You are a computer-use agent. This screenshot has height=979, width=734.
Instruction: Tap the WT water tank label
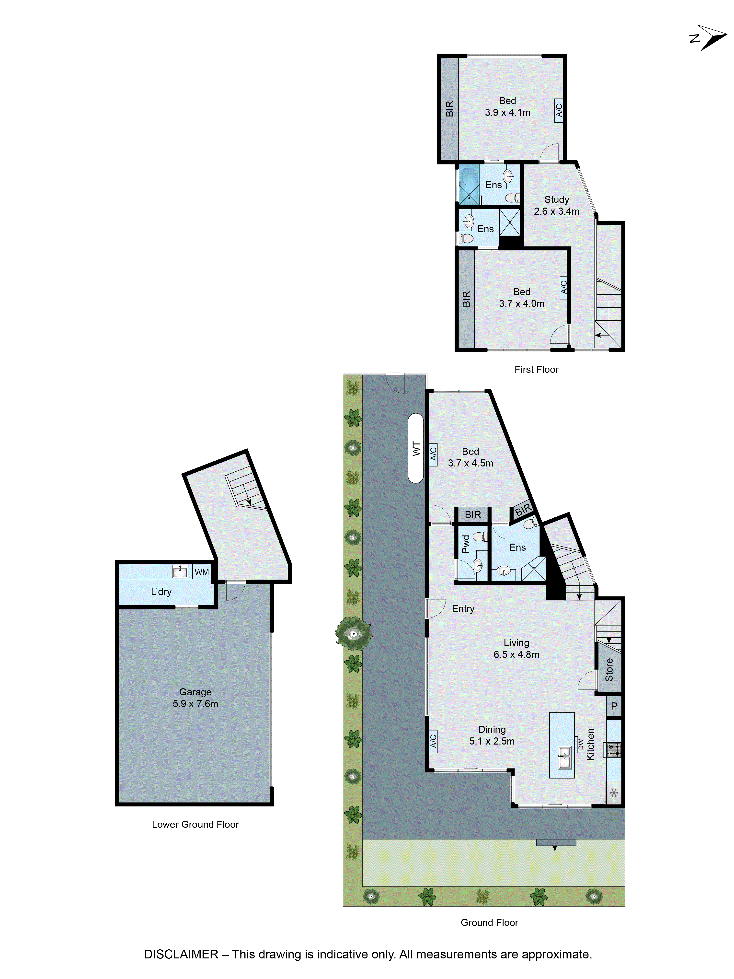416,448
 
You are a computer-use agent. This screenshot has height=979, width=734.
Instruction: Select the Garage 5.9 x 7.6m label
195,698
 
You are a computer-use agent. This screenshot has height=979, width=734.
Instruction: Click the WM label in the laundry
202,572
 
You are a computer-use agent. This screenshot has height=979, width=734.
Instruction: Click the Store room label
609,669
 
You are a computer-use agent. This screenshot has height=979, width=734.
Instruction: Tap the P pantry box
614,706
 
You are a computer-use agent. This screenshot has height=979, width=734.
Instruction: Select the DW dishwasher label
580,745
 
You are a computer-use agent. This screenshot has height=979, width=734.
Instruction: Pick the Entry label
463,608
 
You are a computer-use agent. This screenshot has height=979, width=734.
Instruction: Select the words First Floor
536,370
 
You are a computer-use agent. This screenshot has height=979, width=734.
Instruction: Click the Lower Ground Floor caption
195,824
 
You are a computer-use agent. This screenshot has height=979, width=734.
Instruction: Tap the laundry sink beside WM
180,571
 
